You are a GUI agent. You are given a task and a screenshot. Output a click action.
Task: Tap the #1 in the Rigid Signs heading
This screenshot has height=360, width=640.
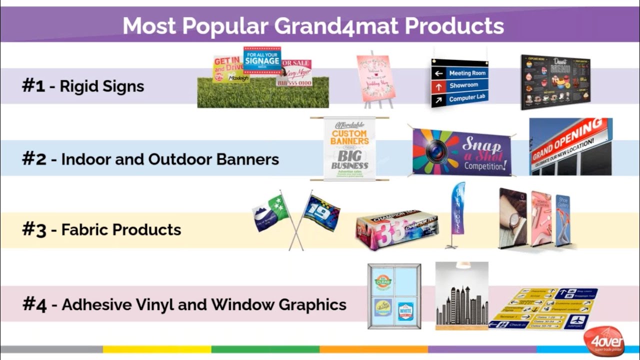(33, 85)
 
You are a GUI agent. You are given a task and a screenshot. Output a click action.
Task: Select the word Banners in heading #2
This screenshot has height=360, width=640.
(247, 159)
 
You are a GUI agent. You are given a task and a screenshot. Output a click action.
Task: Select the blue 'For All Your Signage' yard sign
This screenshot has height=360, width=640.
(262, 60)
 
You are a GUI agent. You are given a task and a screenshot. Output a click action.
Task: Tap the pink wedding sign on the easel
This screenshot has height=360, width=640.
(376, 78)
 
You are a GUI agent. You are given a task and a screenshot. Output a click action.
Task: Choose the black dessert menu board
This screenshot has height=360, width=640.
(555, 81)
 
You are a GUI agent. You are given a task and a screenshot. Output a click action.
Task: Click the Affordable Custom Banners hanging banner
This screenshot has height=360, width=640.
(349, 148)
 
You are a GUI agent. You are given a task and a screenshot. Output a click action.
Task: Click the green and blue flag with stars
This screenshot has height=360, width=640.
(270, 213)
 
